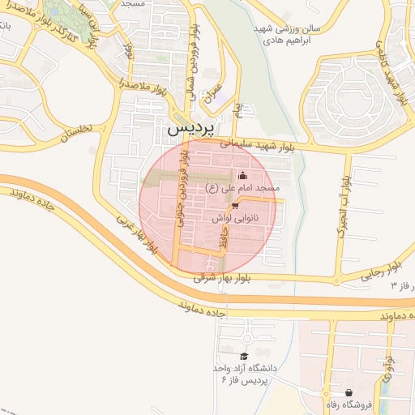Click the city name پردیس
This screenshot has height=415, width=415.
[191, 130]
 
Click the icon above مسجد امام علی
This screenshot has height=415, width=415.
[242, 176]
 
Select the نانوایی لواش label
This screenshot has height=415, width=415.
[237, 218]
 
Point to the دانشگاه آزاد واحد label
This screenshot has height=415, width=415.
[249, 368]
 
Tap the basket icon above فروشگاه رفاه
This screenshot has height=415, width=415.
[348, 392]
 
